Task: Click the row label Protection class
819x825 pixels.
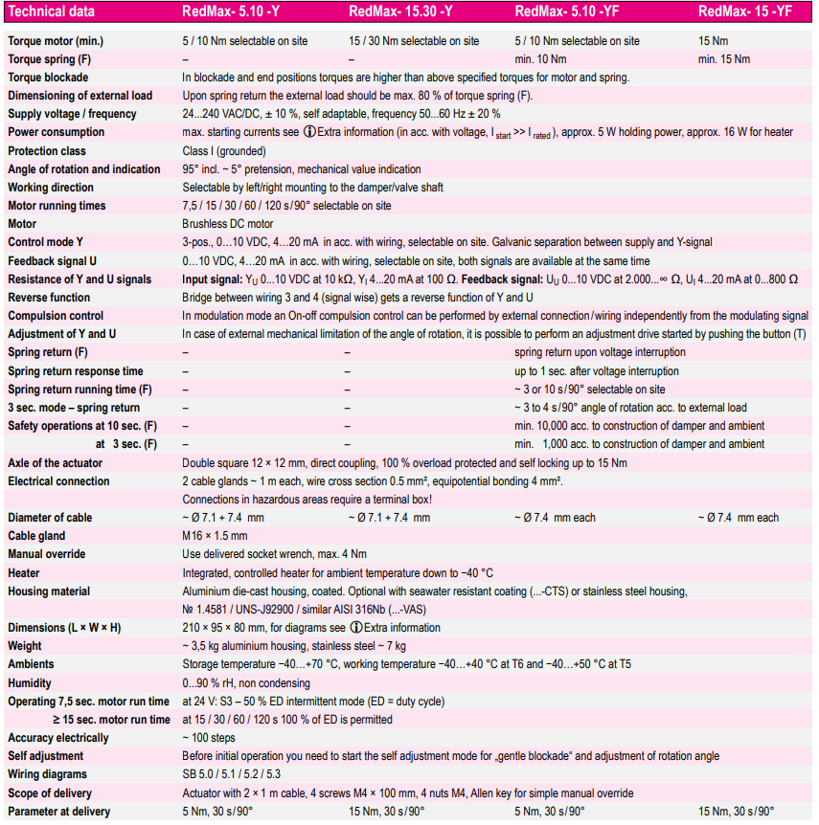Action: [x=47, y=151]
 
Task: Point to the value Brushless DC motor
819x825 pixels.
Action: [x=227, y=225]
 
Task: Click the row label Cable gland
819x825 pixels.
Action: [x=37, y=536]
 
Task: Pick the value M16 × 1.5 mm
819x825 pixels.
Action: [x=215, y=536]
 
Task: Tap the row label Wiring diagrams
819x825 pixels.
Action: [x=47, y=774]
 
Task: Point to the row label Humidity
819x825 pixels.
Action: [x=30, y=683]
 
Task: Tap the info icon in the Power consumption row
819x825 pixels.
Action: [x=309, y=132]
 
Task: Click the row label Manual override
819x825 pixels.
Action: [x=47, y=554]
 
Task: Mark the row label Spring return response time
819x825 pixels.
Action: [x=76, y=371]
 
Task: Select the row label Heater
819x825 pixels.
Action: [x=25, y=572]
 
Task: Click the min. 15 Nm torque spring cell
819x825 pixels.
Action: [x=724, y=59]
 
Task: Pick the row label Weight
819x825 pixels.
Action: [x=25, y=646]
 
